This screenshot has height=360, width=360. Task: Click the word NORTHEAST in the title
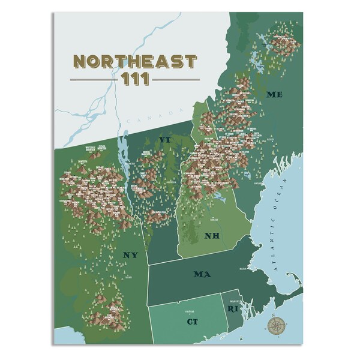pos(134,61)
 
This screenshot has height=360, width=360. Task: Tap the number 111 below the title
pos(135,79)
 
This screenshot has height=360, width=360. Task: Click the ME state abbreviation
pos(274,95)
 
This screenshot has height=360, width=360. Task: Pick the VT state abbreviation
pos(165,140)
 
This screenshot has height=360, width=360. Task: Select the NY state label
pos(130,255)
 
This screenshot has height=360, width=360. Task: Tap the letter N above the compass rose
pos(275,314)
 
